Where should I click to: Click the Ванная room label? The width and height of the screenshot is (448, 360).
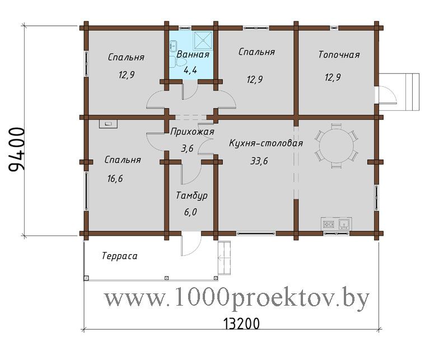click(193, 54)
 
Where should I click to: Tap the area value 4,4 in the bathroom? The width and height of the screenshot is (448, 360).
click(190, 69)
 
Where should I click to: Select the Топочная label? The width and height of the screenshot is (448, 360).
click(339, 54)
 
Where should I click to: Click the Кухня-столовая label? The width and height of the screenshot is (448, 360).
click(265, 143)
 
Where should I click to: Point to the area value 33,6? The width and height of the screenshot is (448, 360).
click(259, 161)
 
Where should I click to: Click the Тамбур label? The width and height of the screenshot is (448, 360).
click(192, 196)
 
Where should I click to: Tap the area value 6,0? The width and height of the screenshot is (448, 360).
click(190, 212)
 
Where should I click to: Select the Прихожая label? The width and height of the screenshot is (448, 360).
click(192, 132)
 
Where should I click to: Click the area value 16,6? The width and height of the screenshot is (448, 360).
click(115, 179)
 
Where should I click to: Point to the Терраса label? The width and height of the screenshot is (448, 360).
click(119, 256)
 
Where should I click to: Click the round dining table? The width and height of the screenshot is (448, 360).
click(336, 146)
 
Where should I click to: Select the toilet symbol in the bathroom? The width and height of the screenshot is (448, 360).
click(172, 62)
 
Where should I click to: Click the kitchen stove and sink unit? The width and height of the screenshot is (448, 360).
click(337, 224)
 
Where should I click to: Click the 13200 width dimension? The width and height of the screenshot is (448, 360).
click(241, 324)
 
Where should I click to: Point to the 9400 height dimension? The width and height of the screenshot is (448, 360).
click(17, 149)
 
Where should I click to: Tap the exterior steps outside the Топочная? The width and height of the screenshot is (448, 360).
click(412, 92)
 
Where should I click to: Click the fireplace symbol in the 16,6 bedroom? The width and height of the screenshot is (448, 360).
click(108, 124)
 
